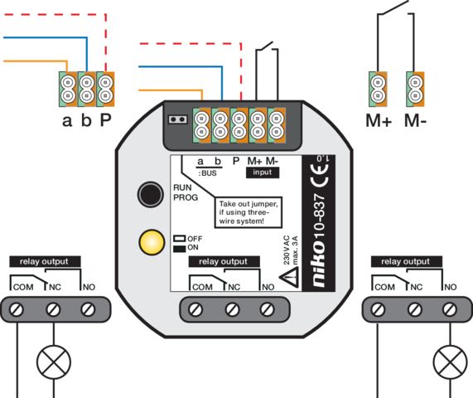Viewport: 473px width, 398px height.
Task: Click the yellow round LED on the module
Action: (x=152, y=242)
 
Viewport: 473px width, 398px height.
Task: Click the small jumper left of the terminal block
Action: (x=177, y=119)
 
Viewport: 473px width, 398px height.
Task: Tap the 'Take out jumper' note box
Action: (x=249, y=212)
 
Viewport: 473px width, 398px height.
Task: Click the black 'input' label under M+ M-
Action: (x=263, y=172)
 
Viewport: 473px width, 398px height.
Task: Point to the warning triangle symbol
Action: (x=289, y=277)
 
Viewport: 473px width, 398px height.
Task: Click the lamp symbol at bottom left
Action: (x=54, y=362)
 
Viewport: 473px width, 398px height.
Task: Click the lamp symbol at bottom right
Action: (x=450, y=362)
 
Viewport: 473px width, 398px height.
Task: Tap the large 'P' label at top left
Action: (x=105, y=120)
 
